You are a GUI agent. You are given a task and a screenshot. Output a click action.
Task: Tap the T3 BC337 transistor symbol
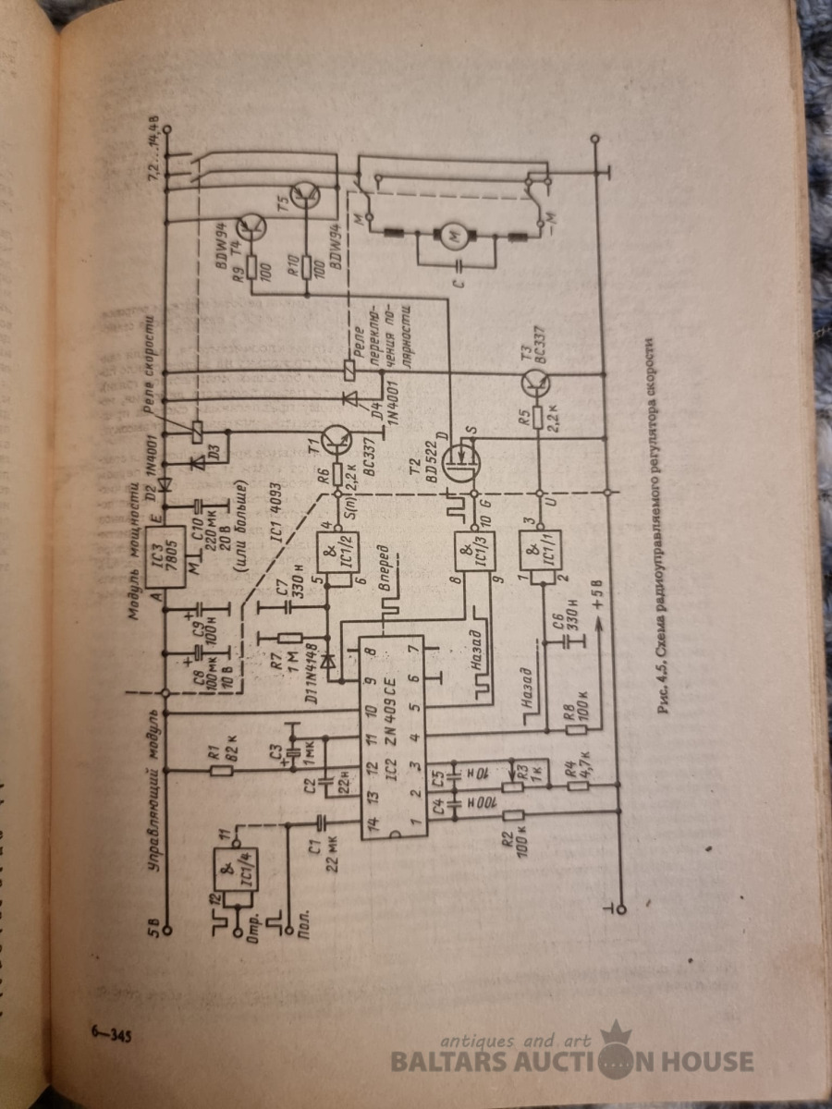coord(538,380)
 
